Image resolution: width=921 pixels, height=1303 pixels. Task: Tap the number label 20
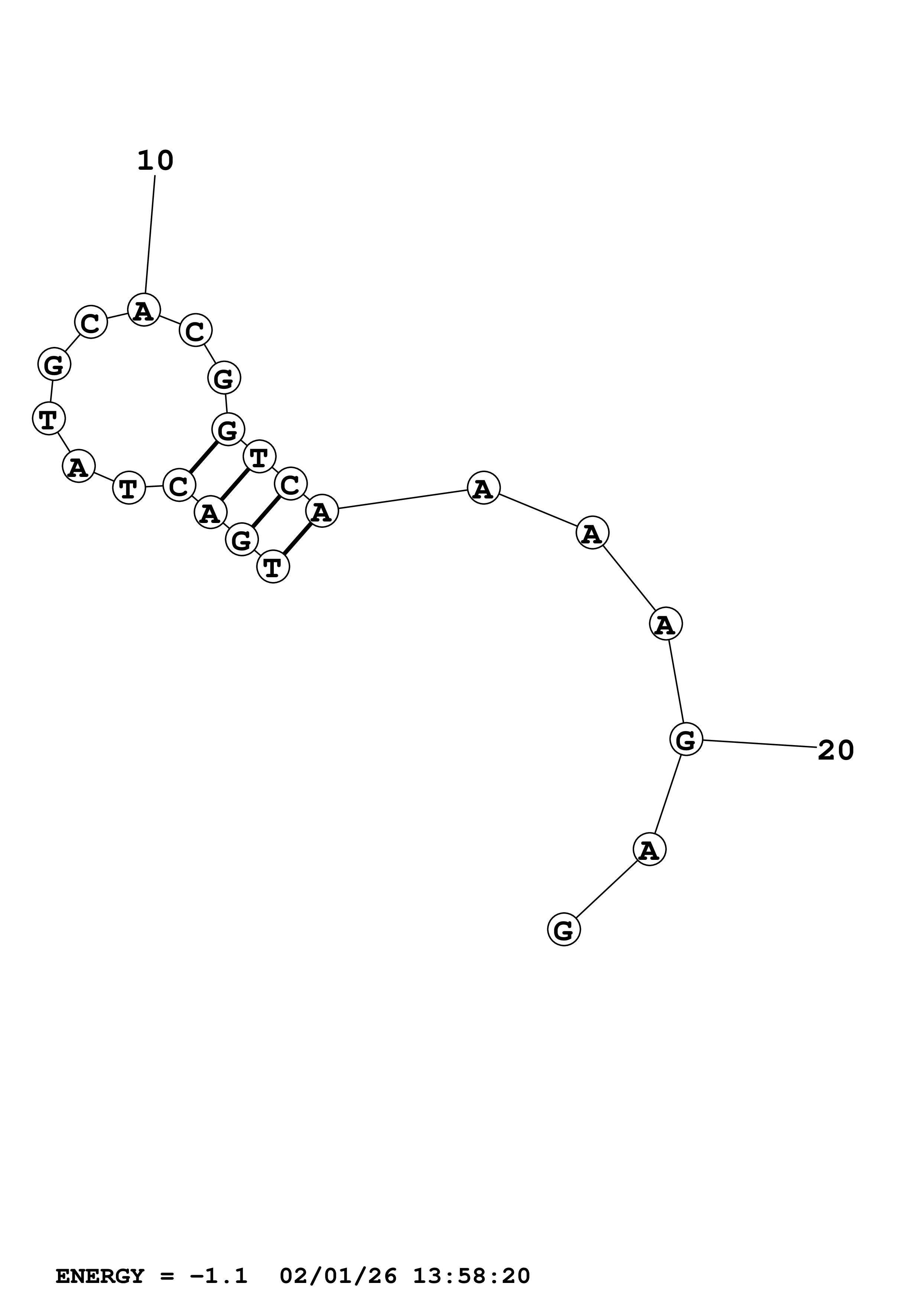835,750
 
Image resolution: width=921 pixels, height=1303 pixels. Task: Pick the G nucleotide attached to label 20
686,740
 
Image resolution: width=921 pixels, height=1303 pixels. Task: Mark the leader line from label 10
150,235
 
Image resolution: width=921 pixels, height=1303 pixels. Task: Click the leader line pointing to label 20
759,744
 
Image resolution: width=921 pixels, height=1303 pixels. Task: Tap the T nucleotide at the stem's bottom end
273,566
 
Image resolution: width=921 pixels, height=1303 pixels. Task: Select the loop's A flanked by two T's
78,467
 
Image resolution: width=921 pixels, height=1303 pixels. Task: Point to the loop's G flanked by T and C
55,364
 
